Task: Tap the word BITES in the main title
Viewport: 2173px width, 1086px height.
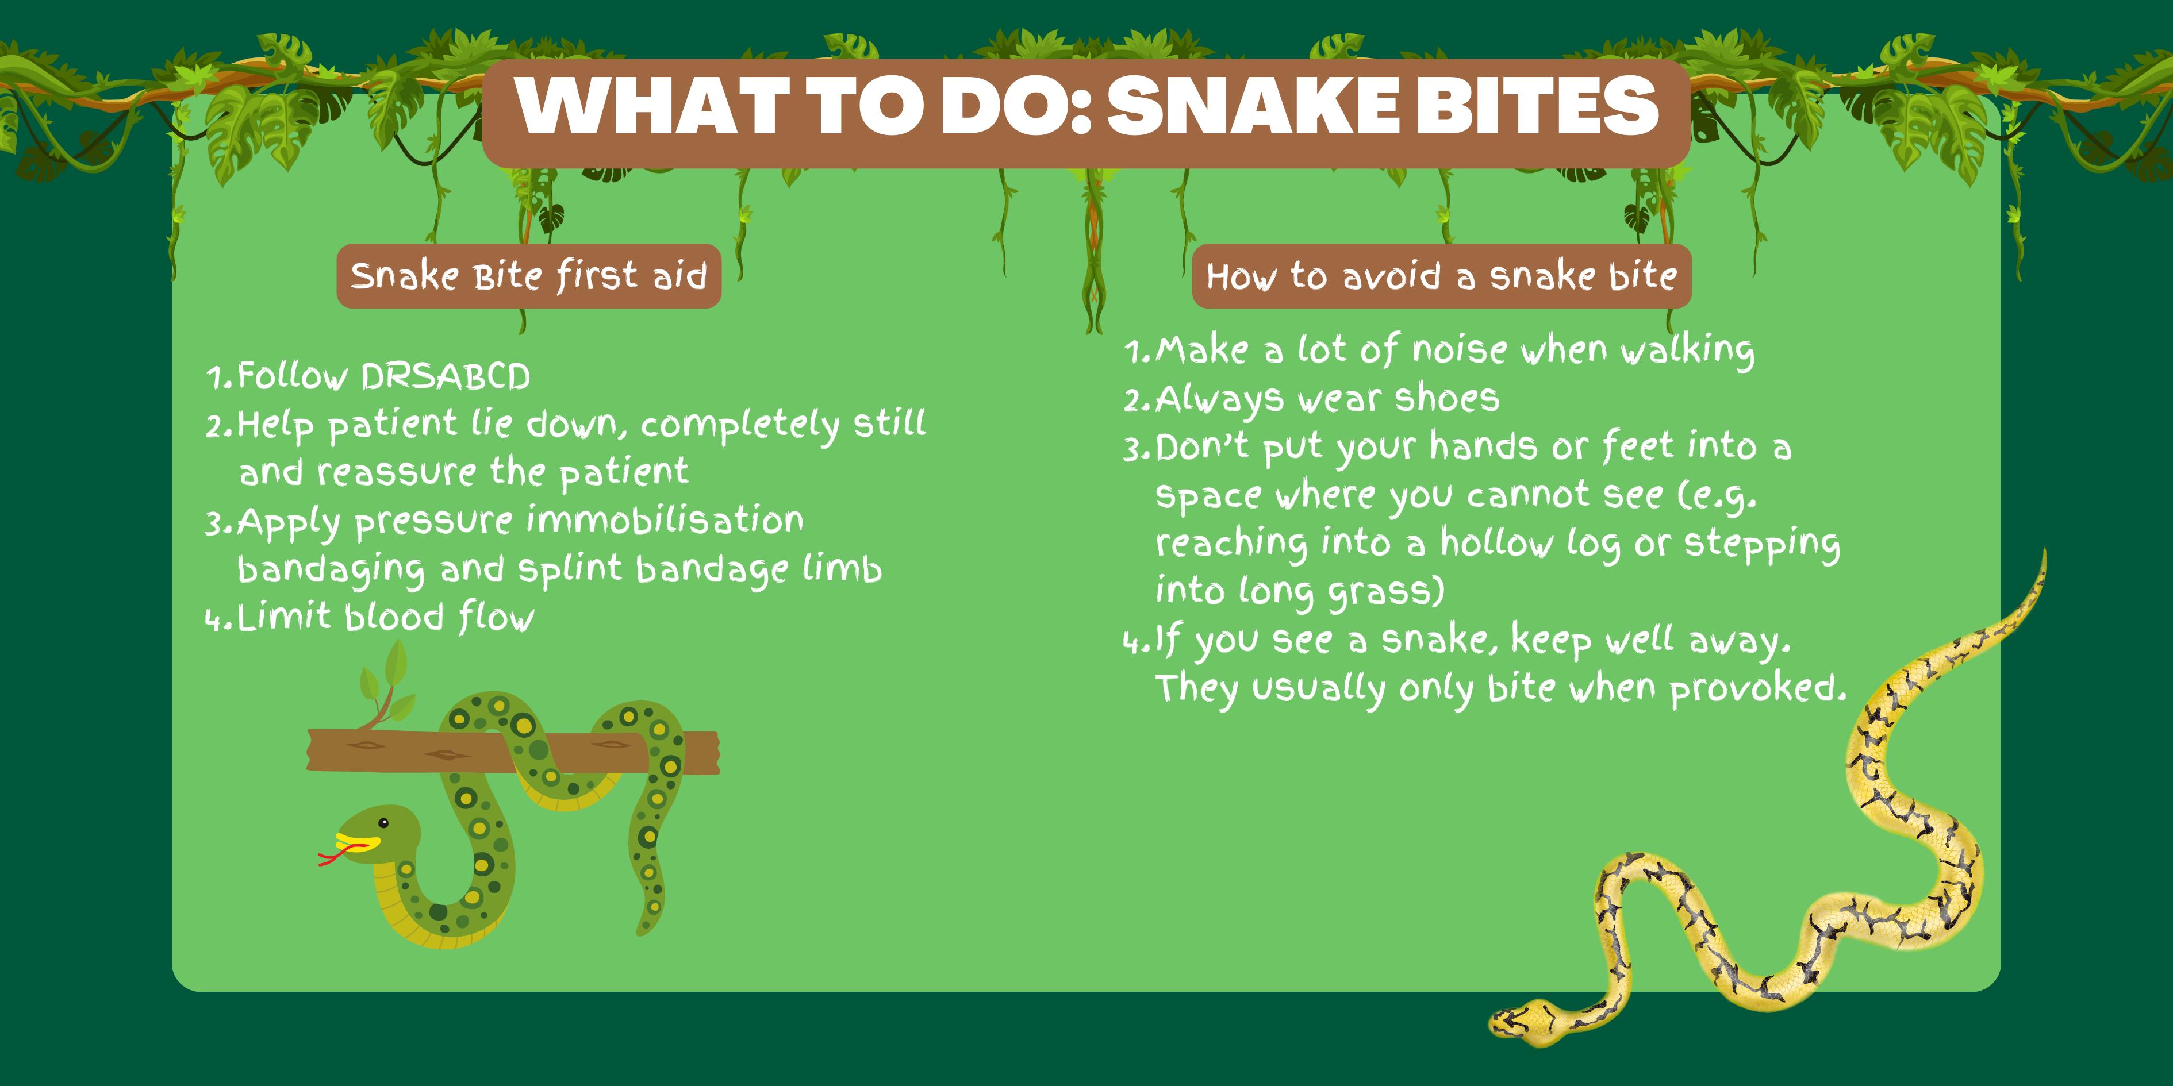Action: (x=1538, y=105)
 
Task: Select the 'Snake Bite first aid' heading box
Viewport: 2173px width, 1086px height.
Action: (x=529, y=276)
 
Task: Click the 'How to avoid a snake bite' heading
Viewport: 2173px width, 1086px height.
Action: (x=1442, y=276)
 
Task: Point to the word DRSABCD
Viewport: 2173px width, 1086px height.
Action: (x=446, y=376)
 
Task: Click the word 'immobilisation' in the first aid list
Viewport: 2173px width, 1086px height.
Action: (x=665, y=519)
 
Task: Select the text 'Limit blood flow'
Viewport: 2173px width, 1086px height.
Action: (x=386, y=617)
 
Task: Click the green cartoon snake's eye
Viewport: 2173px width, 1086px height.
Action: (x=384, y=823)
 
